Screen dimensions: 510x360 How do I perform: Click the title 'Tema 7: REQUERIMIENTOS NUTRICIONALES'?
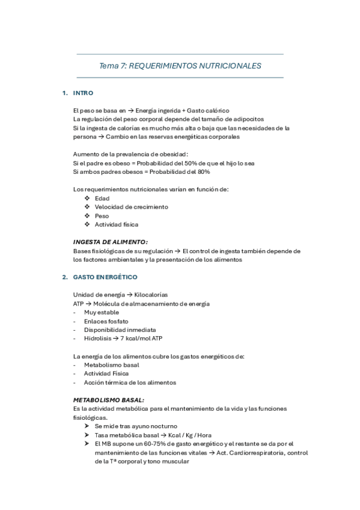click(180, 66)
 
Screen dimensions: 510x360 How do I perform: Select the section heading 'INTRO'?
click(82, 94)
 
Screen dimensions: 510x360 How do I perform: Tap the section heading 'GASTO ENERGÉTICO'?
click(105, 277)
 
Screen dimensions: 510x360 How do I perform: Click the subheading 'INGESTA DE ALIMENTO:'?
click(110, 242)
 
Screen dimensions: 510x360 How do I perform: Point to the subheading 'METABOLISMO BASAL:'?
click(108, 400)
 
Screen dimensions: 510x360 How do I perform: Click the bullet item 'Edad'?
click(102, 198)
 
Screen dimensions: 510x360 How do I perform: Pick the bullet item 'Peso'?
click(102, 215)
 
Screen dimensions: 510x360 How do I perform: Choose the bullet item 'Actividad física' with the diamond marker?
click(116, 224)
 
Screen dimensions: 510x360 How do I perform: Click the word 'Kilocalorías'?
click(151, 295)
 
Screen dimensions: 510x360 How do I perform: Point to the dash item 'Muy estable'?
click(102, 312)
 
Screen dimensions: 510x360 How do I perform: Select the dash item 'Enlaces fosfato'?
click(106, 321)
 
